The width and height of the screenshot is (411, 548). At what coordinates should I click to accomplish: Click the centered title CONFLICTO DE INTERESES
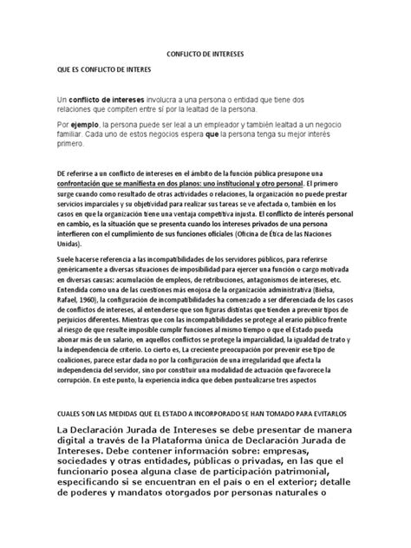pyautogui.click(x=205, y=52)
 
